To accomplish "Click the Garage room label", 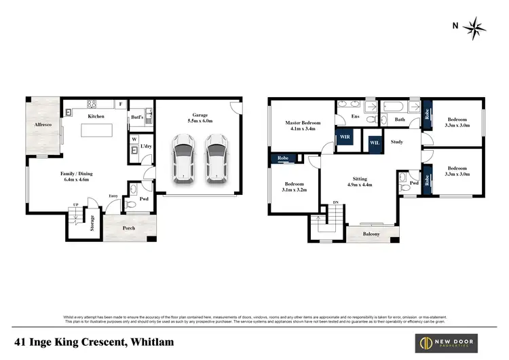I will point(200,115).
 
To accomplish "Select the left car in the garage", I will point(183,158).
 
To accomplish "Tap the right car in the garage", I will point(216,158).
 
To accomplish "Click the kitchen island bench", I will point(95,130).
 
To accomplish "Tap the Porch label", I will point(128,228).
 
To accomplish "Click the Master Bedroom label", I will point(301,123).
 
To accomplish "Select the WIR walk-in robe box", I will point(344,137).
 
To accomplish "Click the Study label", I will point(397,142).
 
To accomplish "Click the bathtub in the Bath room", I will point(391,107).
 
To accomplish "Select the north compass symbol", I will point(476,26).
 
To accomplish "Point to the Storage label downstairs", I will point(92,223).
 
